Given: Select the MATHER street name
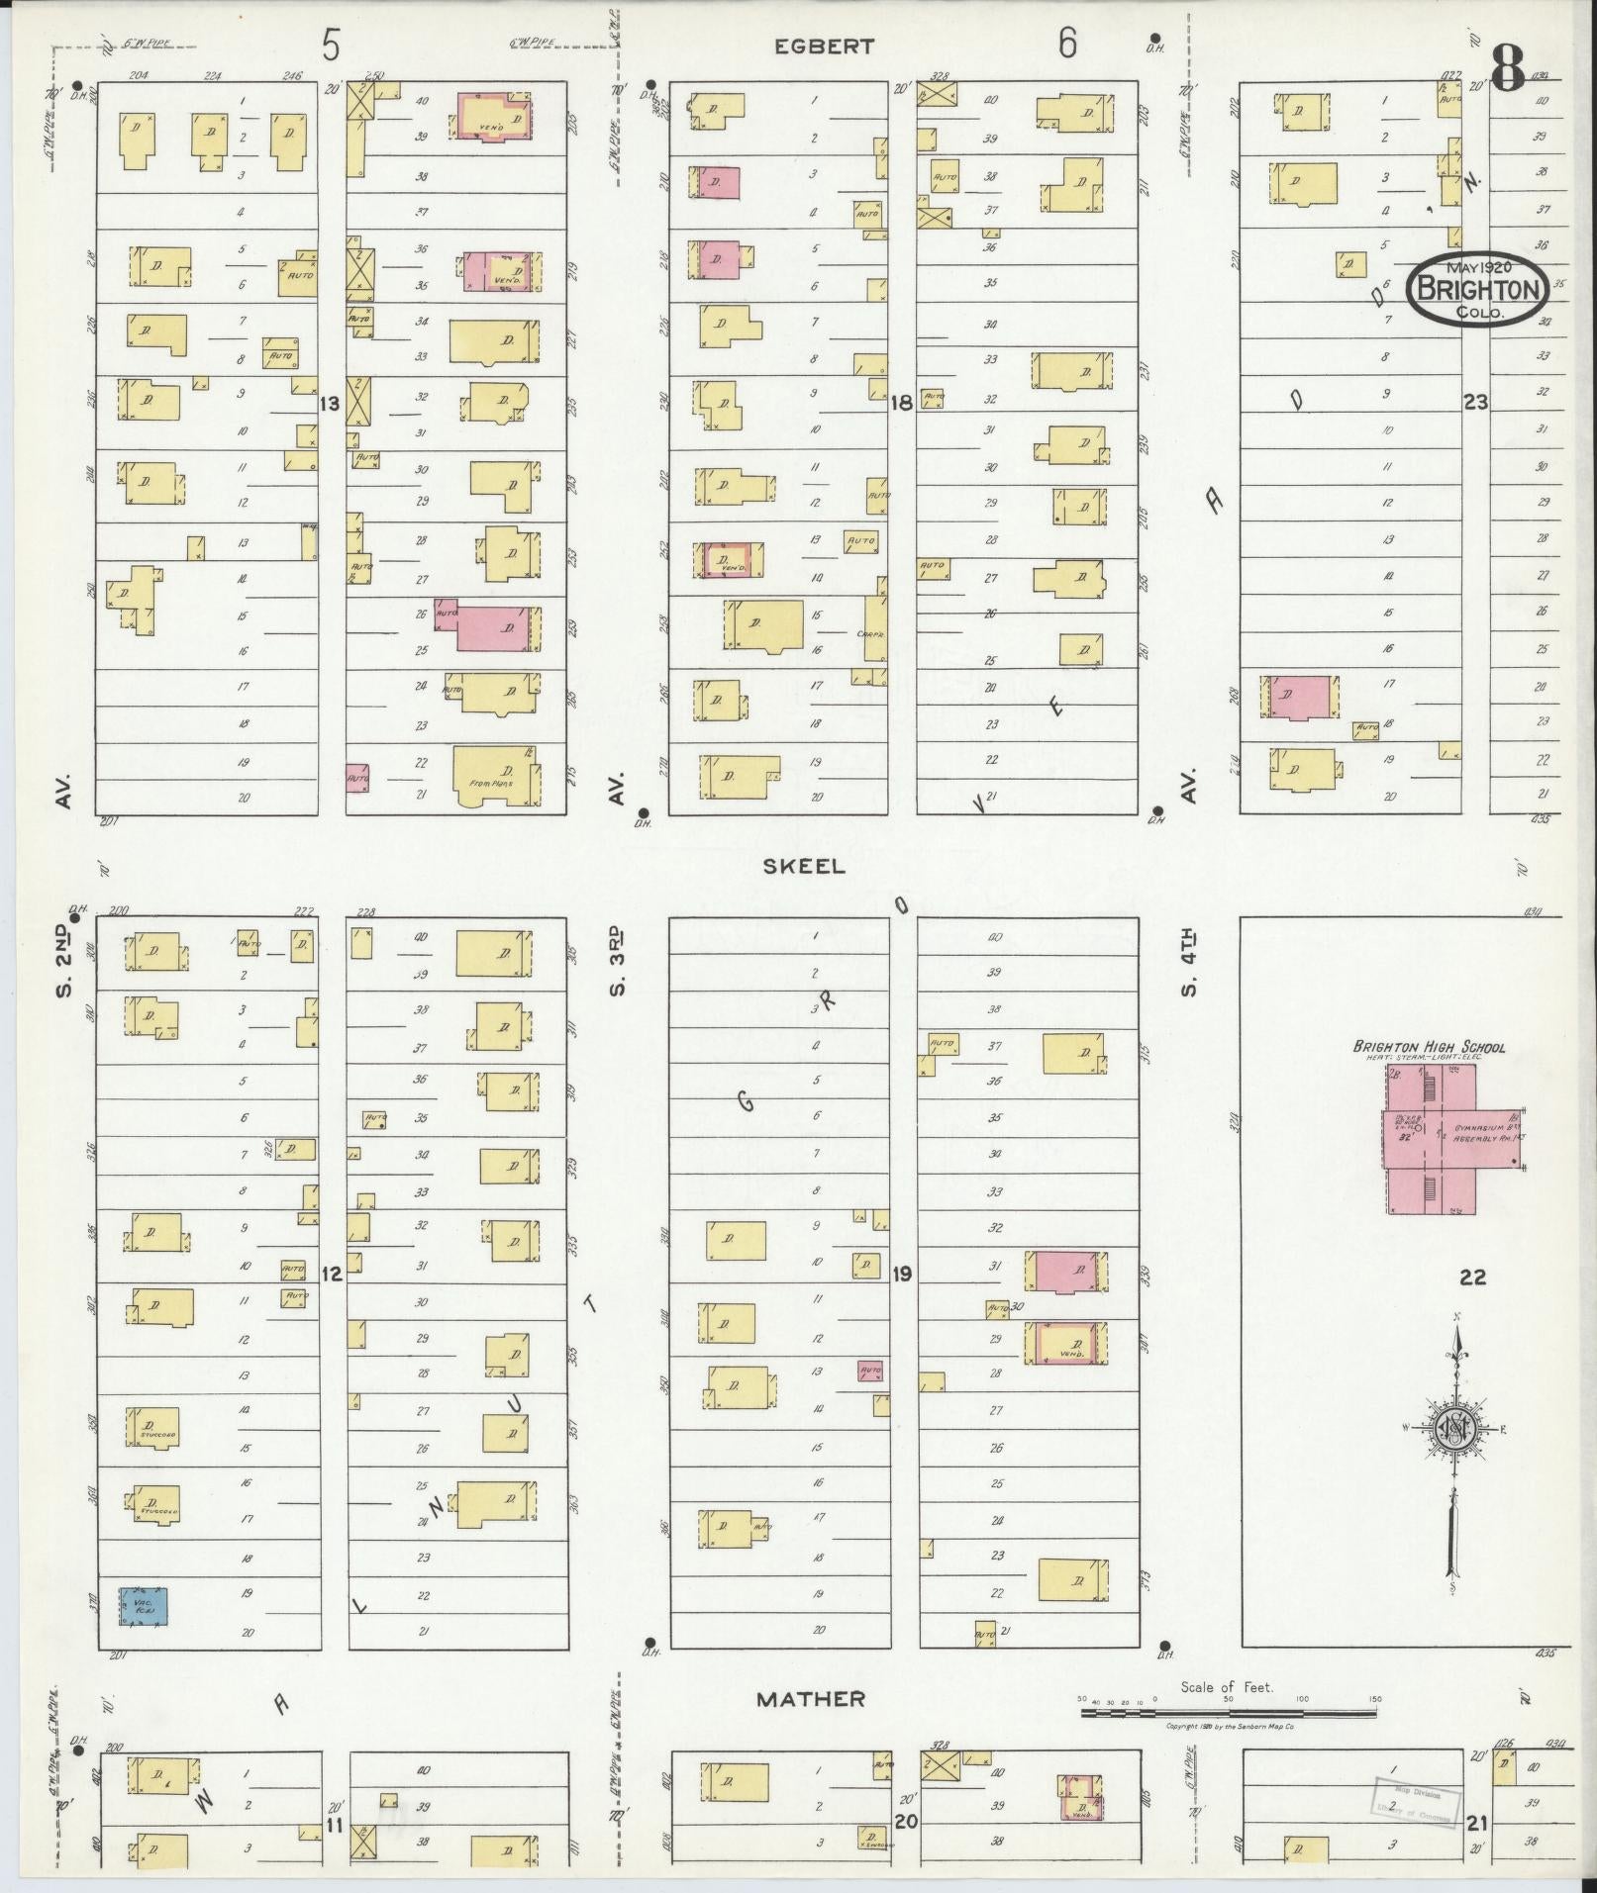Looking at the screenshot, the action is click(x=811, y=1699).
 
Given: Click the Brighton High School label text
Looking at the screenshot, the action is click(x=1430, y=1046).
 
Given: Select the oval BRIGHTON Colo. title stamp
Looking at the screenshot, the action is click(x=1480, y=288).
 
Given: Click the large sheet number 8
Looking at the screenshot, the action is click(x=1507, y=68).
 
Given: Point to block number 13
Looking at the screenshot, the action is click(x=330, y=404).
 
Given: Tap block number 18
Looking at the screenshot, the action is click(x=901, y=403).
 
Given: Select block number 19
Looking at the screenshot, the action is click(x=901, y=1274).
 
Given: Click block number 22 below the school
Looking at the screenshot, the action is click(x=1472, y=1278).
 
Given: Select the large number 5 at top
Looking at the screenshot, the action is click(x=331, y=44).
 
